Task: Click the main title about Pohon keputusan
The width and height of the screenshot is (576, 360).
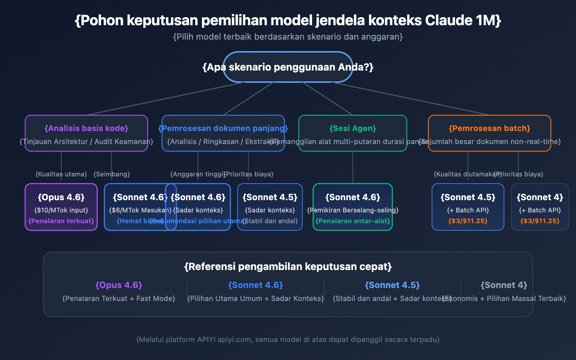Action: pos(288,21)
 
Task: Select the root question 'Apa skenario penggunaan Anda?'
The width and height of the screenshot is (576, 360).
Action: pos(288,67)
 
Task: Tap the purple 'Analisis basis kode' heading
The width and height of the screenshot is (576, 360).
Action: pos(86,129)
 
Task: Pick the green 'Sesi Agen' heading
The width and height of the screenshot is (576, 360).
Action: pos(352,129)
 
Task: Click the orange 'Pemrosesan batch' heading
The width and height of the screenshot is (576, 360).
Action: pos(489,129)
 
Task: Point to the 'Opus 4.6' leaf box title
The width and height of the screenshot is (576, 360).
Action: pos(61,197)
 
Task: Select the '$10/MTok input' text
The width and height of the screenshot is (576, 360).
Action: pos(61,210)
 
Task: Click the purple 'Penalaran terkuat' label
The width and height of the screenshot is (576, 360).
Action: pos(61,221)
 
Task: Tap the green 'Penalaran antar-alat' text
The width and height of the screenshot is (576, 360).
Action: pos(352,221)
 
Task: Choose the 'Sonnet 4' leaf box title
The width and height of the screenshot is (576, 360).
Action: pos(540,197)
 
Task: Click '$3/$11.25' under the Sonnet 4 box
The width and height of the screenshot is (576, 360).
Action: pos(540,221)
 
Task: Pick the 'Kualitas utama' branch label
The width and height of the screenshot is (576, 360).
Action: pos(61,174)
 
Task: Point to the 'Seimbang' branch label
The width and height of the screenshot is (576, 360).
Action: pos(112,174)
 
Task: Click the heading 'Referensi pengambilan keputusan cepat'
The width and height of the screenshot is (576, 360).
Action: pos(288,267)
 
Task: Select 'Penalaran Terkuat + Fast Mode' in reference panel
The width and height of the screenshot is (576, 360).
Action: pos(119,299)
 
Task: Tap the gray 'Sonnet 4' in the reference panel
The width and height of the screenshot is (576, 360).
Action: pos(504,285)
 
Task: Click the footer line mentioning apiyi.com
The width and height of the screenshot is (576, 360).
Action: pos(288,340)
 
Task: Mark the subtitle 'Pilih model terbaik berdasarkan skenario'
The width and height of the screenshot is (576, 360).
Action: pos(288,37)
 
